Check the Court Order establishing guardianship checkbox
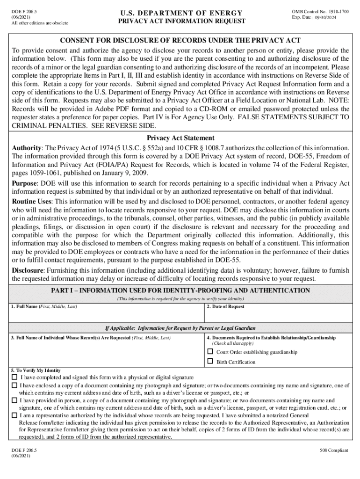[x=210, y=352]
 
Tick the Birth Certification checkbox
[x=210, y=362]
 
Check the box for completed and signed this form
[x=14, y=377]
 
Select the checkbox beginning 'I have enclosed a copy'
[x=14, y=385]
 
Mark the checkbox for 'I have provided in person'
[x=14, y=400]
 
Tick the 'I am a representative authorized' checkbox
[x=14, y=415]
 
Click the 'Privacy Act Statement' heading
[x=180, y=138]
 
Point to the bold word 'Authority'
[x=27, y=148]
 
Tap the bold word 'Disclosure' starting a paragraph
[x=28, y=270]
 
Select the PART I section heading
[x=180, y=290]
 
